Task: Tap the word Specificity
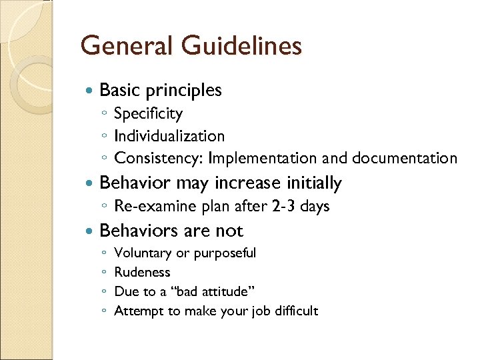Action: click(148, 114)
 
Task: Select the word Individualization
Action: click(169, 136)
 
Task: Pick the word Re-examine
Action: click(148, 206)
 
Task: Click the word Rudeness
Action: click(142, 272)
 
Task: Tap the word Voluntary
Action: click(143, 253)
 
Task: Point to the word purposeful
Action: click(224, 253)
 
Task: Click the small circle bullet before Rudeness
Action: click(105, 273)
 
